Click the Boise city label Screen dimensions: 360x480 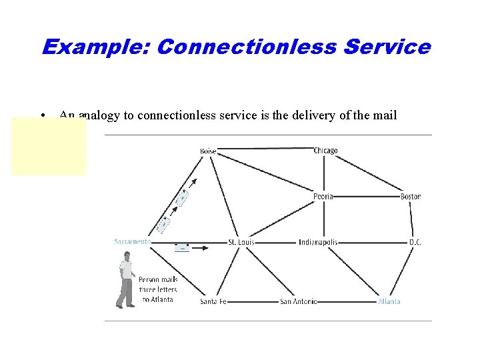pos(208,151)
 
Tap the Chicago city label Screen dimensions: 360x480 pos(325,151)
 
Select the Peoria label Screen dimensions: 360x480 pos(323,197)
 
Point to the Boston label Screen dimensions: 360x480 pos(411,197)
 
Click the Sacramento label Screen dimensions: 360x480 pos(132,241)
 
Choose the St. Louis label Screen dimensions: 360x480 pos(241,242)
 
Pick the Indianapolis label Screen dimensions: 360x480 pos(318,242)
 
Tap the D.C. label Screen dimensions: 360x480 pos(415,242)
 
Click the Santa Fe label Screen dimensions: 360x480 pos(213,301)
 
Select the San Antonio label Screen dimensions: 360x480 pos(298,301)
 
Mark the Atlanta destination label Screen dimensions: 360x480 pos(389,301)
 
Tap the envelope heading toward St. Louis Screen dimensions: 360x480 pos(181,247)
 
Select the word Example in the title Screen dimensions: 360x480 pos(97,47)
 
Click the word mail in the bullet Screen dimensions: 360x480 pos(386,115)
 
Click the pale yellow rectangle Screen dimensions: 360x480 pos(48,147)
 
